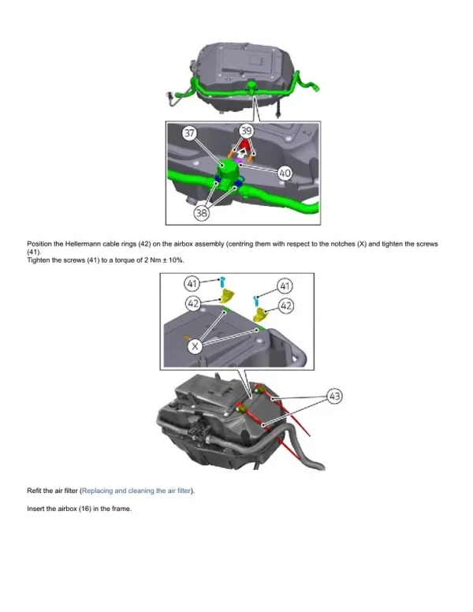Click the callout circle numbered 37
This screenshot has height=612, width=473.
pyautogui.click(x=189, y=133)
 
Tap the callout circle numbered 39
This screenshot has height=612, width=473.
pyautogui.click(x=247, y=132)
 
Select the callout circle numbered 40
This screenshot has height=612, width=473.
pyautogui.click(x=285, y=173)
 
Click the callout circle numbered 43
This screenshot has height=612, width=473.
pyautogui.click(x=334, y=397)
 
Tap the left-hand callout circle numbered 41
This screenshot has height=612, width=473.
pyautogui.click(x=192, y=282)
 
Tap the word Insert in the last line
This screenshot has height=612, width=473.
pyautogui.click(x=36, y=509)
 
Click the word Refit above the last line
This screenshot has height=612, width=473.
pyautogui.click(x=35, y=491)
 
